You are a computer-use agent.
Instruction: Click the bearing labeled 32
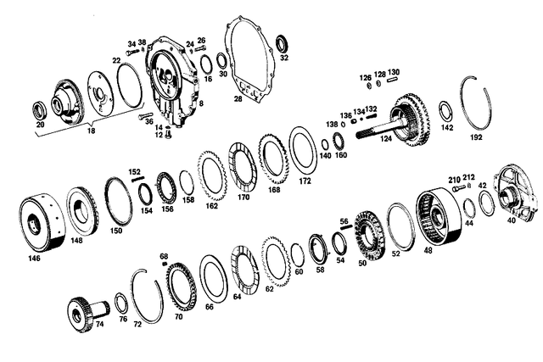pyautogui.click(x=281, y=42)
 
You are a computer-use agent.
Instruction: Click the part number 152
pyautogui.click(x=135, y=171)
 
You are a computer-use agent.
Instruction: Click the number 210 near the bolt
pyautogui.click(x=454, y=179)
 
